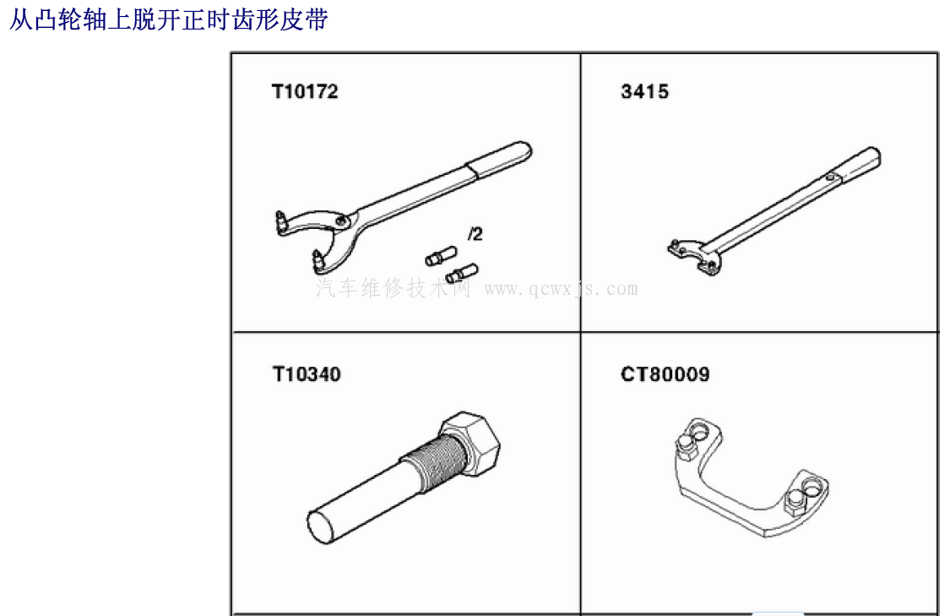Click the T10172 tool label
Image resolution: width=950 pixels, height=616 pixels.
click(305, 91)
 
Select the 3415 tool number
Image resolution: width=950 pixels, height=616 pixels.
click(644, 91)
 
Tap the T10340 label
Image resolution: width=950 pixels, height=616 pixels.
click(307, 374)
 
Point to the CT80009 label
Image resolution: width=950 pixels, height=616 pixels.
click(665, 374)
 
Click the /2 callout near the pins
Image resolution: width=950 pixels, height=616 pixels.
click(475, 233)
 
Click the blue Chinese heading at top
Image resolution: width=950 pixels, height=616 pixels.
click(169, 19)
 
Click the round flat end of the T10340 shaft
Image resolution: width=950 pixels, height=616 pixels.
click(321, 527)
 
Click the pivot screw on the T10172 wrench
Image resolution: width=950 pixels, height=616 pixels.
click(342, 220)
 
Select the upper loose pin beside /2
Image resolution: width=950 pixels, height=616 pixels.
click(441, 256)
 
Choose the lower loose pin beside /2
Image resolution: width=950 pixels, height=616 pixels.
click(462, 274)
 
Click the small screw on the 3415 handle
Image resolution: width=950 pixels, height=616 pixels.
click(830, 177)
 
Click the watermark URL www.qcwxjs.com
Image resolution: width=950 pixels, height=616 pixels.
click(561, 289)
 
